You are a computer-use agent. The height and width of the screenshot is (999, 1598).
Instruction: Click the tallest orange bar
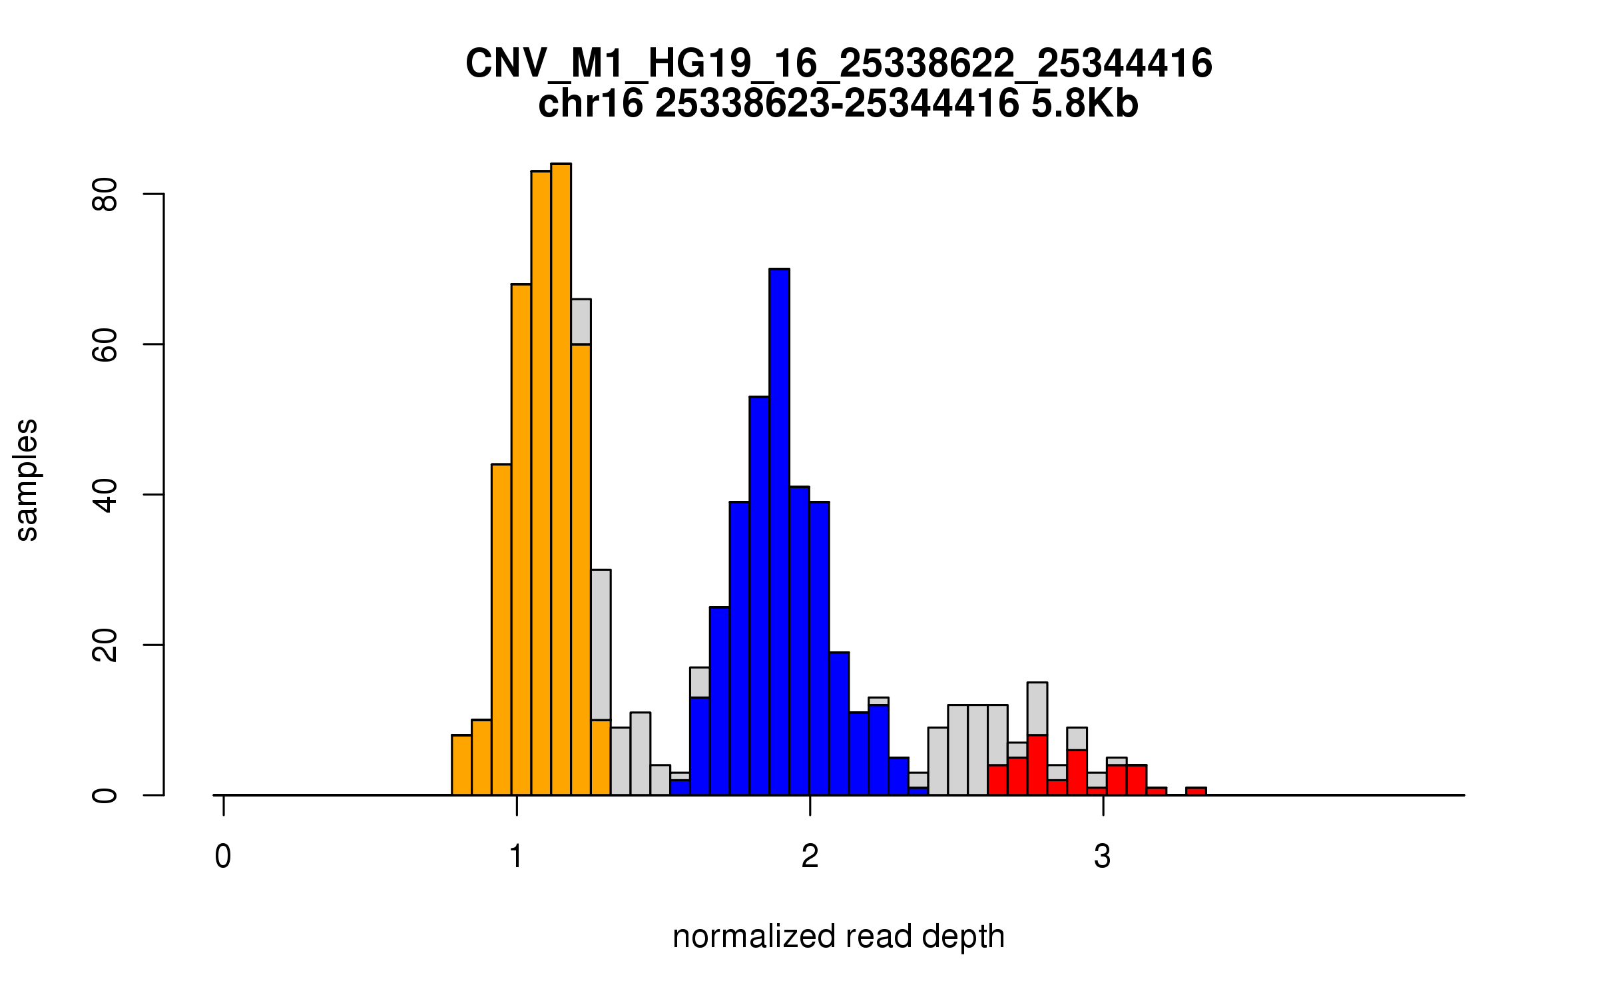pos(561,480)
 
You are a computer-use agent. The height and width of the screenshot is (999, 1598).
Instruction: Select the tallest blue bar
pos(779,533)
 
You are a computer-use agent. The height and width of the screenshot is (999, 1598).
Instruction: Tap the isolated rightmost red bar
pos(1196,791)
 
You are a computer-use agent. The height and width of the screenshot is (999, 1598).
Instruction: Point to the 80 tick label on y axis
pos(105,194)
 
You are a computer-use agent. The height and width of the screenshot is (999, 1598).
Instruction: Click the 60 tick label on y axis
pos(105,344)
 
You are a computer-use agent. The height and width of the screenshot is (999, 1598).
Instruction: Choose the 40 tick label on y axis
pos(105,495)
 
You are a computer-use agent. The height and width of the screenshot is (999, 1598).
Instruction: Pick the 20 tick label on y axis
pos(105,645)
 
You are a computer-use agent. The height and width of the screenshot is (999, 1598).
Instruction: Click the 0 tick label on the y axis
pos(105,795)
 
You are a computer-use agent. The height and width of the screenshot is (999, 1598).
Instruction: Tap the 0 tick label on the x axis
pos(223,856)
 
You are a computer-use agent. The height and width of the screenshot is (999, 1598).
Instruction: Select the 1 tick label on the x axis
pos(517,856)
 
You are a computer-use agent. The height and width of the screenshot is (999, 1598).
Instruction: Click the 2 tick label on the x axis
pos(810,856)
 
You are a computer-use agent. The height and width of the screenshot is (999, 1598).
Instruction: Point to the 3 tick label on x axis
pos(1103,856)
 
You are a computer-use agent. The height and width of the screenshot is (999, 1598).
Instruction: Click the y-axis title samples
pos(27,480)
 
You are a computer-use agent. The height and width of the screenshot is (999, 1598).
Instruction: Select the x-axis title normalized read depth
pos(838,936)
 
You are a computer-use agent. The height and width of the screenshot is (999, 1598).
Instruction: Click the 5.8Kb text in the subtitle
pos(1085,104)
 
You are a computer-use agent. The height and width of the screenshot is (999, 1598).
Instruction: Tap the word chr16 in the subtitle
pos(591,104)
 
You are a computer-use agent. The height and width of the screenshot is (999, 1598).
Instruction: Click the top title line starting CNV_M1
pos(838,64)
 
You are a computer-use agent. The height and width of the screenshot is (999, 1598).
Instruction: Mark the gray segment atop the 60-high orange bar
pos(581,322)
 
